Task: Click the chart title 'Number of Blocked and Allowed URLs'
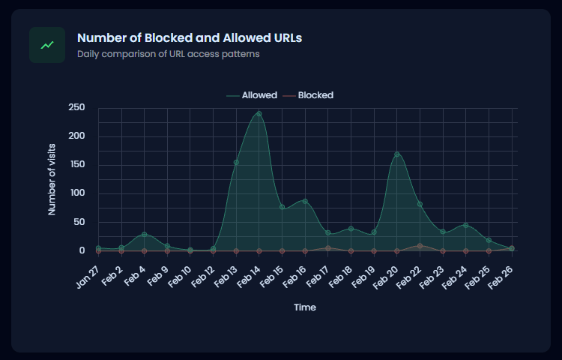click(190, 37)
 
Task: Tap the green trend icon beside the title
click(47, 45)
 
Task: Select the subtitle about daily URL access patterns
click(169, 54)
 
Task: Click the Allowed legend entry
click(252, 95)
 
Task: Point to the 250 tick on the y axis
click(76, 108)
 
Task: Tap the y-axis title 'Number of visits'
click(52, 180)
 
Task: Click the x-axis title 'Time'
click(304, 307)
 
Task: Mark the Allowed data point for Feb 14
click(259, 114)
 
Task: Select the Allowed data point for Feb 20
click(396, 154)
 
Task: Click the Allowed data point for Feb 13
click(236, 162)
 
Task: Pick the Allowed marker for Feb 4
click(144, 235)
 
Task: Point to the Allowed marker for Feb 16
click(305, 201)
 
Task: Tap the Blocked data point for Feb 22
click(420, 246)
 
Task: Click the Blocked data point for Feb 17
click(327, 248)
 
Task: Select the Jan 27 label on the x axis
click(88, 274)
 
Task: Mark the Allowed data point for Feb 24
click(465, 225)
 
